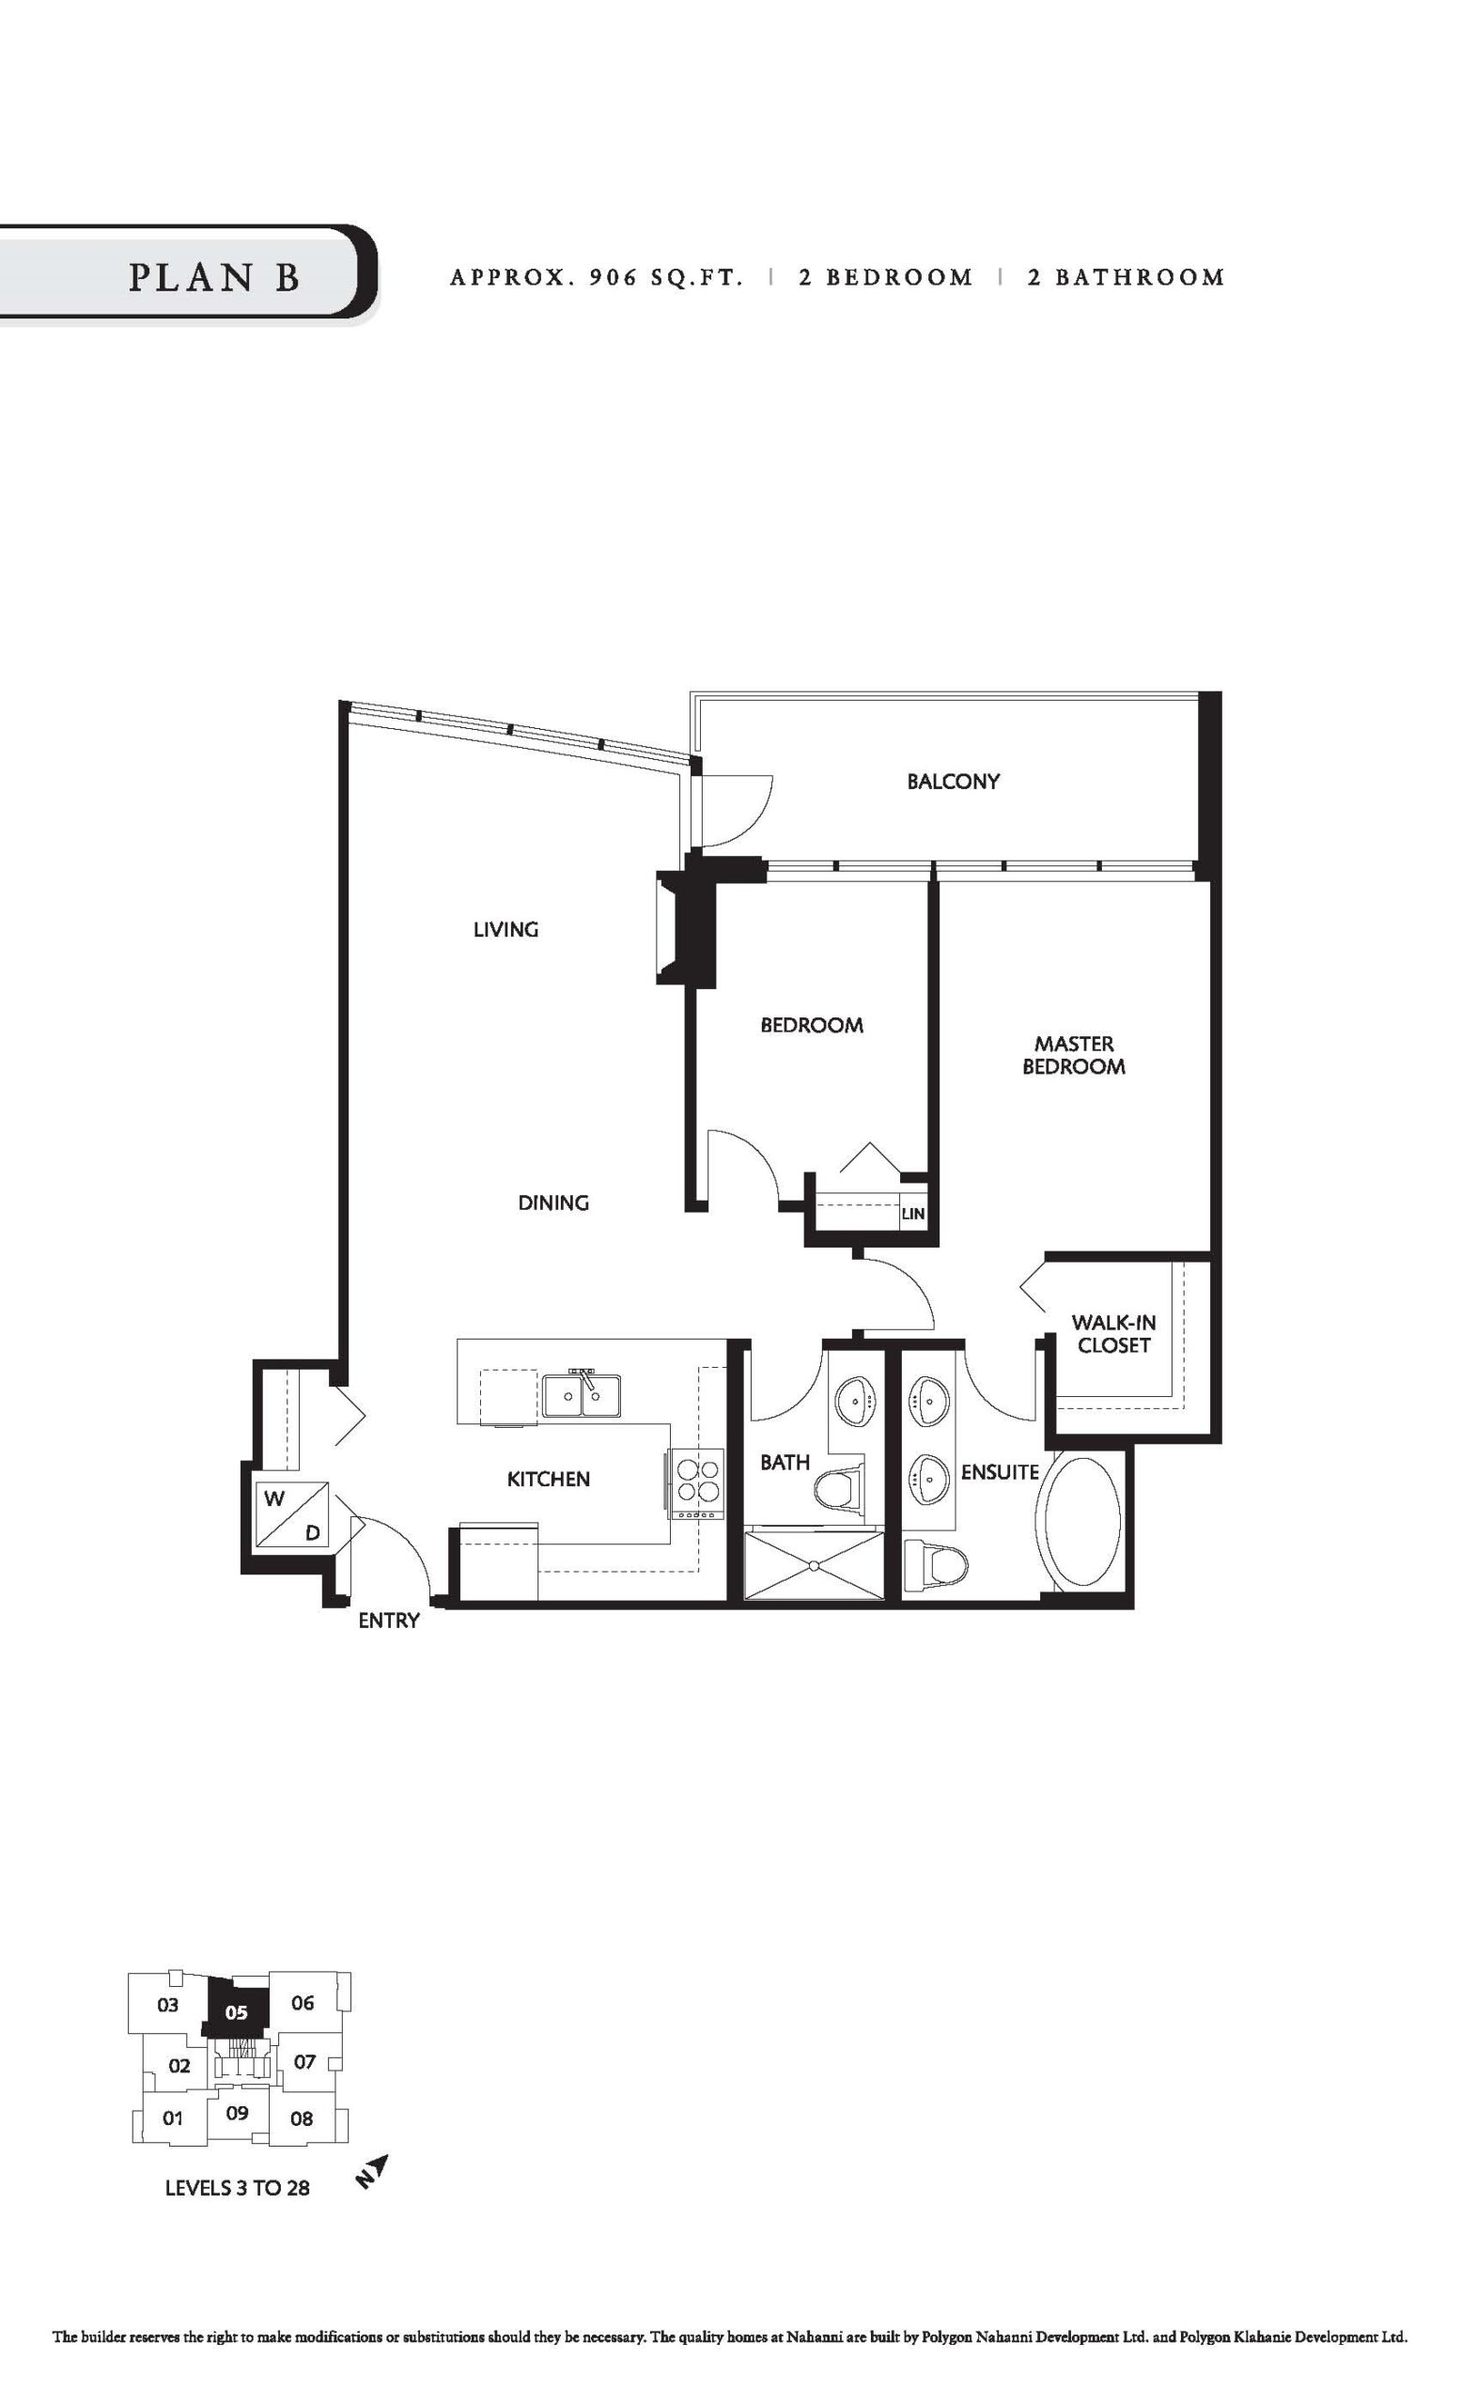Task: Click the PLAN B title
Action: tap(213, 277)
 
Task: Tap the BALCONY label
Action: tap(953, 781)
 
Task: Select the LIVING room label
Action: tap(505, 929)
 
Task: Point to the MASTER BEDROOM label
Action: tap(1074, 1055)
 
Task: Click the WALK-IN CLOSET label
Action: tap(1113, 1333)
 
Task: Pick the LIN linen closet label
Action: tap(912, 1214)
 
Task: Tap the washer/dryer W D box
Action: tap(290, 1513)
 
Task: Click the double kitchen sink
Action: tap(583, 1395)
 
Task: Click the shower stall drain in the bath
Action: tap(812, 1564)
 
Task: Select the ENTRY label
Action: tap(388, 1621)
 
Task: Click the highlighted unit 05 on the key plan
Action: tap(236, 2011)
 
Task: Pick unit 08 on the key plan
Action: tap(302, 2118)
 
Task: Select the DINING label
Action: tap(553, 1202)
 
